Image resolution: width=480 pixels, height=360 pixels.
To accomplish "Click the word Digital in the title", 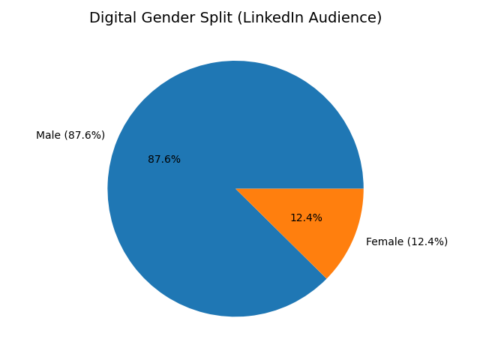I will tap(111, 18).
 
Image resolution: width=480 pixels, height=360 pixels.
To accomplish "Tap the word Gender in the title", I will tap(164, 18).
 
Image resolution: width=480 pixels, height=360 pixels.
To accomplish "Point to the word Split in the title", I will tap(212, 18).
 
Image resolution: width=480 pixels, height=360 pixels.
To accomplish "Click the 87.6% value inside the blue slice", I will tap(164, 159).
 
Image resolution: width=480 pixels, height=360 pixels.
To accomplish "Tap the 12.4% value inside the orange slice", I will tap(306, 217).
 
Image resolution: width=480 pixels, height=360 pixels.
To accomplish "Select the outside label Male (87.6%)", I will tap(70, 135).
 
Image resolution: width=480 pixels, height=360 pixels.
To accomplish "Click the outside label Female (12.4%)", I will tap(406, 241).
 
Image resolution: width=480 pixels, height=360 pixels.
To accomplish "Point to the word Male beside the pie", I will tap(47, 135).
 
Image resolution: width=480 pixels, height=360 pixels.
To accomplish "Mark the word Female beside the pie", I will tap(383, 241).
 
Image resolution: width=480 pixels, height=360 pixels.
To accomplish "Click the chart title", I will tap(235, 18).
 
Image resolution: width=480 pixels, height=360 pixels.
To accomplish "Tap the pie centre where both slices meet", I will tap(235, 188).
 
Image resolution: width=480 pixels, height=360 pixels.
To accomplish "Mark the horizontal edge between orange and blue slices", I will tap(300, 188).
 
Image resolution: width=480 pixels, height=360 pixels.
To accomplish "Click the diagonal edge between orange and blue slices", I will tap(281, 233).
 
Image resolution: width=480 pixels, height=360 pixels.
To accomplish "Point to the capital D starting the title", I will tap(94, 18).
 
